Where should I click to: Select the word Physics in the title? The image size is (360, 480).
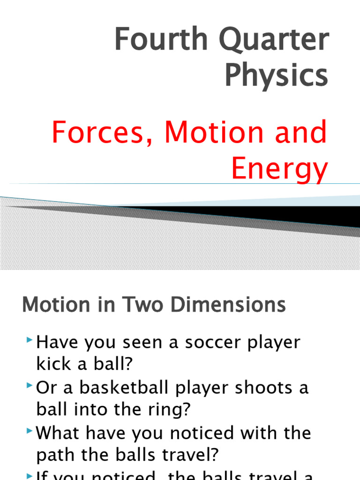[276, 75]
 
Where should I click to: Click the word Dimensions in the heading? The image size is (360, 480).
[228, 305]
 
